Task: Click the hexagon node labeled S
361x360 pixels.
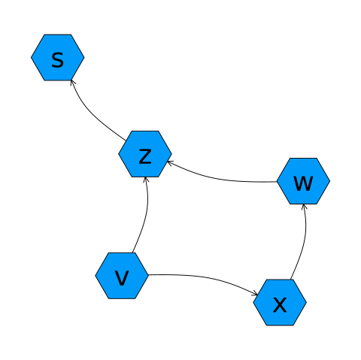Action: click(x=58, y=57)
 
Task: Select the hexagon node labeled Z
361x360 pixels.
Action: click(x=145, y=154)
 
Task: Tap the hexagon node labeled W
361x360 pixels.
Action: click(x=303, y=181)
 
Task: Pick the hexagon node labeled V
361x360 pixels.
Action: click(x=122, y=276)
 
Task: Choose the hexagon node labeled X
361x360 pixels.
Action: click(x=280, y=302)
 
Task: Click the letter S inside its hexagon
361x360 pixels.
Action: click(x=57, y=60)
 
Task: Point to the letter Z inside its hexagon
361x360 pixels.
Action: click(x=145, y=156)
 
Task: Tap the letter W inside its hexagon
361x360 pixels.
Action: click(x=303, y=183)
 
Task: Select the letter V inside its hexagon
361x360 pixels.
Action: click(x=122, y=278)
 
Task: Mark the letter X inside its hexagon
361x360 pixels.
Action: click(x=280, y=305)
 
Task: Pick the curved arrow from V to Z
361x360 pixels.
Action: click(x=145, y=215)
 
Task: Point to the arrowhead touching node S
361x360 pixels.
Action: click(x=72, y=82)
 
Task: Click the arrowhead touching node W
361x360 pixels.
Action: click(x=304, y=206)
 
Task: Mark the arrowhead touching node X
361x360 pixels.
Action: click(x=256, y=294)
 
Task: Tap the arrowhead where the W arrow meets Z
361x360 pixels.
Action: click(x=169, y=163)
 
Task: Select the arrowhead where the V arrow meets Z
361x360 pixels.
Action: click(x=146, y=179)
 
